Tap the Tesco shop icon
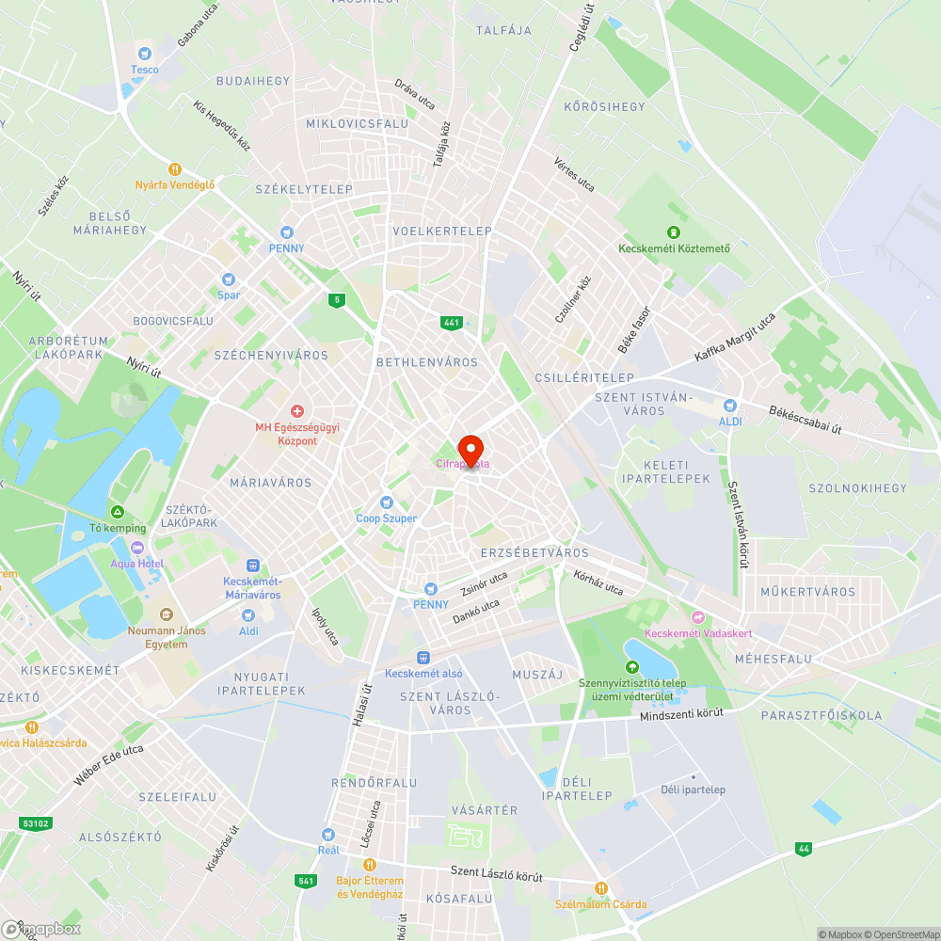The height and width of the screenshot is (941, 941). point(144,54)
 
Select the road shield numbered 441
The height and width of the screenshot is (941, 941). point(451,323)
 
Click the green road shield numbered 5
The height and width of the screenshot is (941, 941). point(336,300)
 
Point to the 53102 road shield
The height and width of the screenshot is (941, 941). point(35,823)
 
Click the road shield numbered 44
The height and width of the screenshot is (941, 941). point(803,848)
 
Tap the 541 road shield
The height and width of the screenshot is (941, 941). point(305,881)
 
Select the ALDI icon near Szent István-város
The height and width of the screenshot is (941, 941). point(729,406)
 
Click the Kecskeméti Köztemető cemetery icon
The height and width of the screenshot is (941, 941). point(673,232)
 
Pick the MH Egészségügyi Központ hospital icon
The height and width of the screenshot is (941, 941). point(297,411)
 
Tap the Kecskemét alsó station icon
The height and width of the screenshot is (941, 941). point(423,657)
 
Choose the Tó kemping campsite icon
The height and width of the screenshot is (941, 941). point(118,512)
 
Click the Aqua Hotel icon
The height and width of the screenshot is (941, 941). point(137,548)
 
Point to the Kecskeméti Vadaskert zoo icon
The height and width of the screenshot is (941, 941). point(696,617)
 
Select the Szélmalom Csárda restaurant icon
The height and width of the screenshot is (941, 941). point(600,888)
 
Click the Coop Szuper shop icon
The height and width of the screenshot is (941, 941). point(386,502)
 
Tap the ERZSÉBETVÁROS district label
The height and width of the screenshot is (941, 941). point(534,552)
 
